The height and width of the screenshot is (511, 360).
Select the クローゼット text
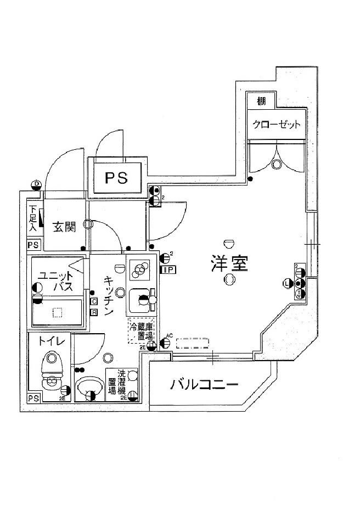[x=277, y=125]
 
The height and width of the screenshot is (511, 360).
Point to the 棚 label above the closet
[x=261, y=101]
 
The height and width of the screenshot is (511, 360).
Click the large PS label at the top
[x=117, y=177]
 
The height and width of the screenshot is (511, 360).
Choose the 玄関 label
[x=64, y=227]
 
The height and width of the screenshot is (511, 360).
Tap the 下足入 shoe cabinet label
[x=33, y=218]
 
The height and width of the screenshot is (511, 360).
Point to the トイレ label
[x=52, y=341]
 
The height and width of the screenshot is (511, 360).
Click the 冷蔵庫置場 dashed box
[x=142, y=331]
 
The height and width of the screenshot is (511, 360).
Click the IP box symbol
[x=167, y=269]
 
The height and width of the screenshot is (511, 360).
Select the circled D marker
[x=37, y=183]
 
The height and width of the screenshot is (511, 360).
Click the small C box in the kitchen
[x=94, y=301]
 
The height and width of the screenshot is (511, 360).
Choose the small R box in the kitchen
[x=94, y=312]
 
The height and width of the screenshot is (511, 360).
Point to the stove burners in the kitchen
[x=140, y=269]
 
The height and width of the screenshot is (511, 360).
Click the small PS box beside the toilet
[x=33, y=398]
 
